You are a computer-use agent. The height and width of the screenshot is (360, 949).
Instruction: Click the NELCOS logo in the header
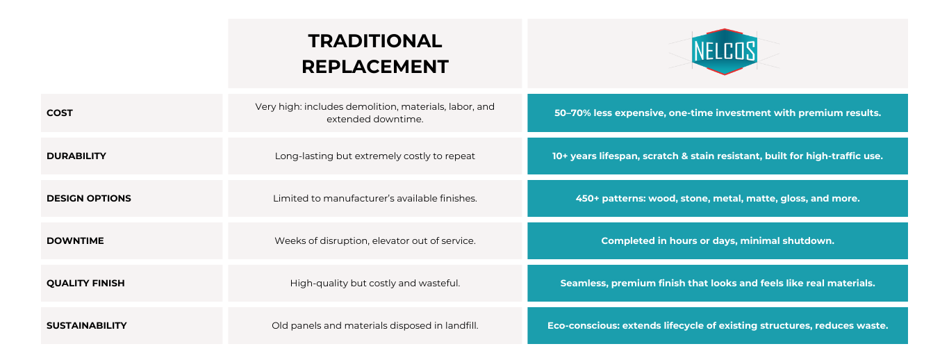724,51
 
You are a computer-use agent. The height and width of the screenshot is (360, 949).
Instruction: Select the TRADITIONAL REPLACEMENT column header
375,54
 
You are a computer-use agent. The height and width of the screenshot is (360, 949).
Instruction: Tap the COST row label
60,113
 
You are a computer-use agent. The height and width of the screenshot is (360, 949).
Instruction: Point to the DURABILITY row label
76,156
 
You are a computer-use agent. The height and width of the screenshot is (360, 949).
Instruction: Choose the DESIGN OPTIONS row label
89,199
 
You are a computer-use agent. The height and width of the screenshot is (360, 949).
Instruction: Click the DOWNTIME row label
76,241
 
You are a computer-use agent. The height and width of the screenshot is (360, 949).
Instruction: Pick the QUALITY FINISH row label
85,284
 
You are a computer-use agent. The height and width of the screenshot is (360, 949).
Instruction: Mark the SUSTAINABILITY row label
87,326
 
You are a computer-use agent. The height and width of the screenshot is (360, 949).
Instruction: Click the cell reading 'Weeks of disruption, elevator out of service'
375,241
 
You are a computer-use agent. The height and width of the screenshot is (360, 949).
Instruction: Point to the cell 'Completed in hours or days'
717,241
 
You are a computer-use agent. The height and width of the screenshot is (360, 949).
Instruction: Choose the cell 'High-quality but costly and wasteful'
375,284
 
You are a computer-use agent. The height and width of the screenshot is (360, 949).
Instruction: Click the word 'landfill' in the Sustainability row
461,326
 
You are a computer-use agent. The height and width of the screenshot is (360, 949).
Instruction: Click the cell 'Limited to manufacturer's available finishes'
375,199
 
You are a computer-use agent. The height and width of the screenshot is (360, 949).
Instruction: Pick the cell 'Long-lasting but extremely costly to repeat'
375,156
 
